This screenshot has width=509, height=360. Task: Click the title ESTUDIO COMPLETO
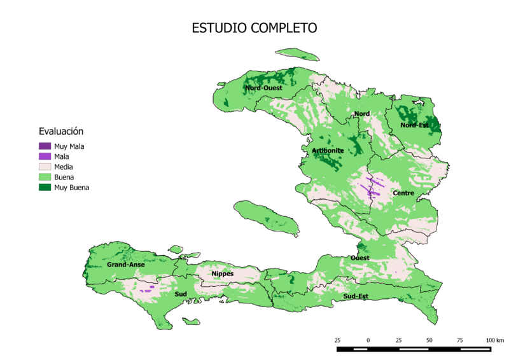[x=254, y=29]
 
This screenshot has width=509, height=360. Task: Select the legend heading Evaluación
[x=61, y=132]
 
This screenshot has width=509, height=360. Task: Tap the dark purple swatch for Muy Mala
[x=44, y=146]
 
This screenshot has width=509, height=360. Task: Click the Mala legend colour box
[x=44, y=156]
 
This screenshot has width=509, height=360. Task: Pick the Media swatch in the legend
[x=44, y=167]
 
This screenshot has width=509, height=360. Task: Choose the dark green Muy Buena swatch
[x=44, y=188]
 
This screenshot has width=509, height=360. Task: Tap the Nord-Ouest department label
[x=264, y=88]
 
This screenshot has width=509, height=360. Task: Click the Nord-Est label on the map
[x=414, y=125]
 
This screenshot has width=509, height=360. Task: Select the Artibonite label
[x=328, y=150]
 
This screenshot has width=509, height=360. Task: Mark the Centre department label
[x=404, y=193]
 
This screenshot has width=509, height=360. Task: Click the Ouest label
[x=359, y=258]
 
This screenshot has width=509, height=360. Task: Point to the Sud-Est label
[x=355, y=296]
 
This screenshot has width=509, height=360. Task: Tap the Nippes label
[x=222, y=273]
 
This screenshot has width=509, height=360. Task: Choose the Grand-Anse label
[x=125, y=264]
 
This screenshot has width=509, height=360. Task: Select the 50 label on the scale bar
[x=429, y=341]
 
